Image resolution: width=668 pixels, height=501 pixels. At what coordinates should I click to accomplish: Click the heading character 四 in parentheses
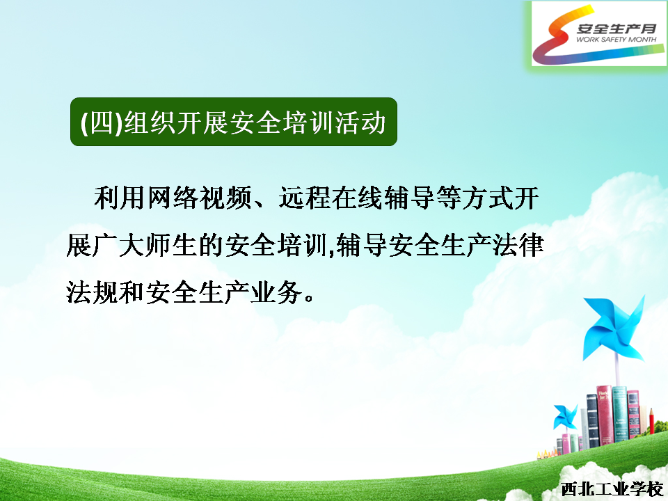coord(102,122)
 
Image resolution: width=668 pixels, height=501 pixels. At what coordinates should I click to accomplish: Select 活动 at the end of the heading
coord(360,122)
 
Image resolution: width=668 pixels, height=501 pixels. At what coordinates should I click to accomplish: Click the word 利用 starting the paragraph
coord(119,198)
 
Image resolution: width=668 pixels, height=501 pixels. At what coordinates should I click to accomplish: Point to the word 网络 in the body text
coord(173,198)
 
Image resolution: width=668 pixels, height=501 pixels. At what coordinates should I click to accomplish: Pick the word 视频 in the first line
coord(225,198)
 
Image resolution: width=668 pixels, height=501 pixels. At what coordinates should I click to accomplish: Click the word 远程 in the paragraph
coord(305,198)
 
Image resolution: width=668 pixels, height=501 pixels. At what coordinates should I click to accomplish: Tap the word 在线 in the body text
coord(358,198)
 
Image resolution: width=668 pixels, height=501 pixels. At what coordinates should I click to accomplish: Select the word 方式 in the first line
coord(488,198)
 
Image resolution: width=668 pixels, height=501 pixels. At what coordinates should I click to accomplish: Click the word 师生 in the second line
coord(171,246)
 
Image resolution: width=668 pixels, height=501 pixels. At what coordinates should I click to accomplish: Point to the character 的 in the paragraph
coord(211,246)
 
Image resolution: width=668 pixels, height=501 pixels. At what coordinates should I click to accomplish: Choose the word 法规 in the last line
coord(92,293)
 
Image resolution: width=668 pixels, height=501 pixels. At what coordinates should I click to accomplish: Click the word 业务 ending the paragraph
coord(278,293)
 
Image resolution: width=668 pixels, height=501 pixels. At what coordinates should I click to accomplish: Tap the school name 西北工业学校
coord(612,489)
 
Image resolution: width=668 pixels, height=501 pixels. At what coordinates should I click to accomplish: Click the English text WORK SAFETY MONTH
coord(617,39)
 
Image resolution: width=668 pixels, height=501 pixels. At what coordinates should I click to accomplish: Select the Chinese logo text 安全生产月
coord(617,28)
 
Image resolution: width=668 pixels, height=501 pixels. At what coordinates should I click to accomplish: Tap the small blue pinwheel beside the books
coord(565,417)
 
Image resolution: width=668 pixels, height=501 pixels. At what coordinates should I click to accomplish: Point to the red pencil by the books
coord(651,422)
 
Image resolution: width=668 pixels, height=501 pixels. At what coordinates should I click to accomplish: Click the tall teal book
coord(620,413)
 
